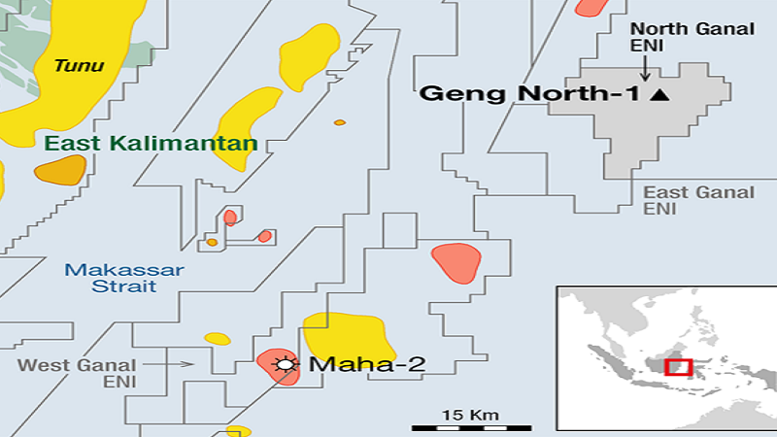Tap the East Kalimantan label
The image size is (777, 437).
tap(151, 144)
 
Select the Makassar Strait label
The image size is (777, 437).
tap(124, 278)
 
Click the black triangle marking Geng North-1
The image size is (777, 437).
tap(660, 94)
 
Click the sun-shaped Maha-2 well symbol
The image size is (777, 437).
tap(285, 365)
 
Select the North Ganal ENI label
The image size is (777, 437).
tap(692, 38)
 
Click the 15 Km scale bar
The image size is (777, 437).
tap(470, 425)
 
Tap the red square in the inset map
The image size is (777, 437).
tap(678, 367)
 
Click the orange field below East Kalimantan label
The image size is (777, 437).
tap(60, 171)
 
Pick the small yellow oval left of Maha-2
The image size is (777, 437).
tap(218, 339)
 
